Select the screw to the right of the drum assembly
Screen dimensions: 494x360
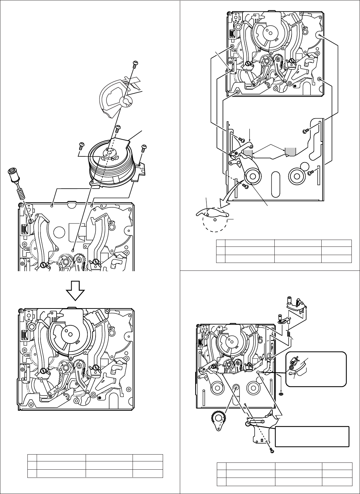pyautogui.click(x=144, y=148)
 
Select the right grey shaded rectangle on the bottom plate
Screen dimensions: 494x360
pyautogui.click(x=290, y=151)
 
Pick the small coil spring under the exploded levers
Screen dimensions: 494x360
pyautogui.click(x=288, y=332)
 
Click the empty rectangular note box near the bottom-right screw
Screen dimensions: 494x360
pyautogui.click(x=312, y=436)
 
